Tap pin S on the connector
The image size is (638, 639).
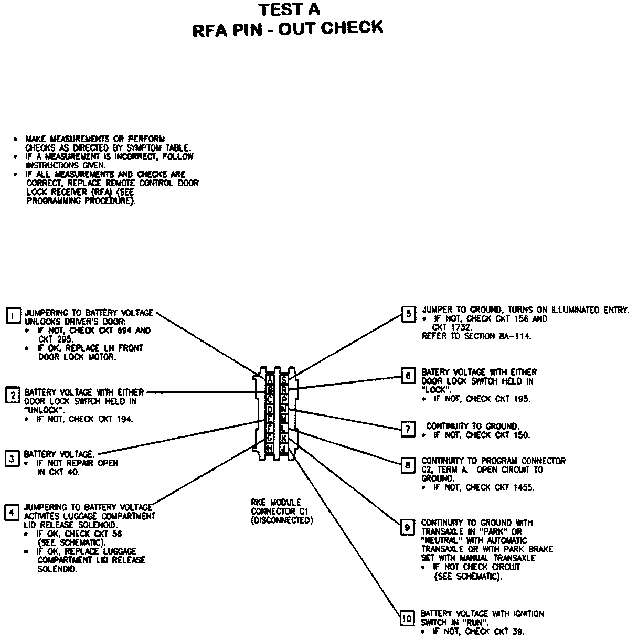[284, 380]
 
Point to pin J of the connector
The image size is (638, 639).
[284, 449]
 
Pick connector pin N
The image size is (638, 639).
[284, 409]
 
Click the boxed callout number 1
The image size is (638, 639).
[13, 315]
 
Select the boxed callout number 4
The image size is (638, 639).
[12, 512]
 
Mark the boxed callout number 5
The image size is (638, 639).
[408, 314]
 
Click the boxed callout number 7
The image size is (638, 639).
[408, 429]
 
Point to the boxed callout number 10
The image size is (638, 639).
[407, 618]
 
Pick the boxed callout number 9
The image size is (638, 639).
[408, 527]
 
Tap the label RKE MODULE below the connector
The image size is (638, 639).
[276, 503]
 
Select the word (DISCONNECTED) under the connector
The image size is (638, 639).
[281, 520]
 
